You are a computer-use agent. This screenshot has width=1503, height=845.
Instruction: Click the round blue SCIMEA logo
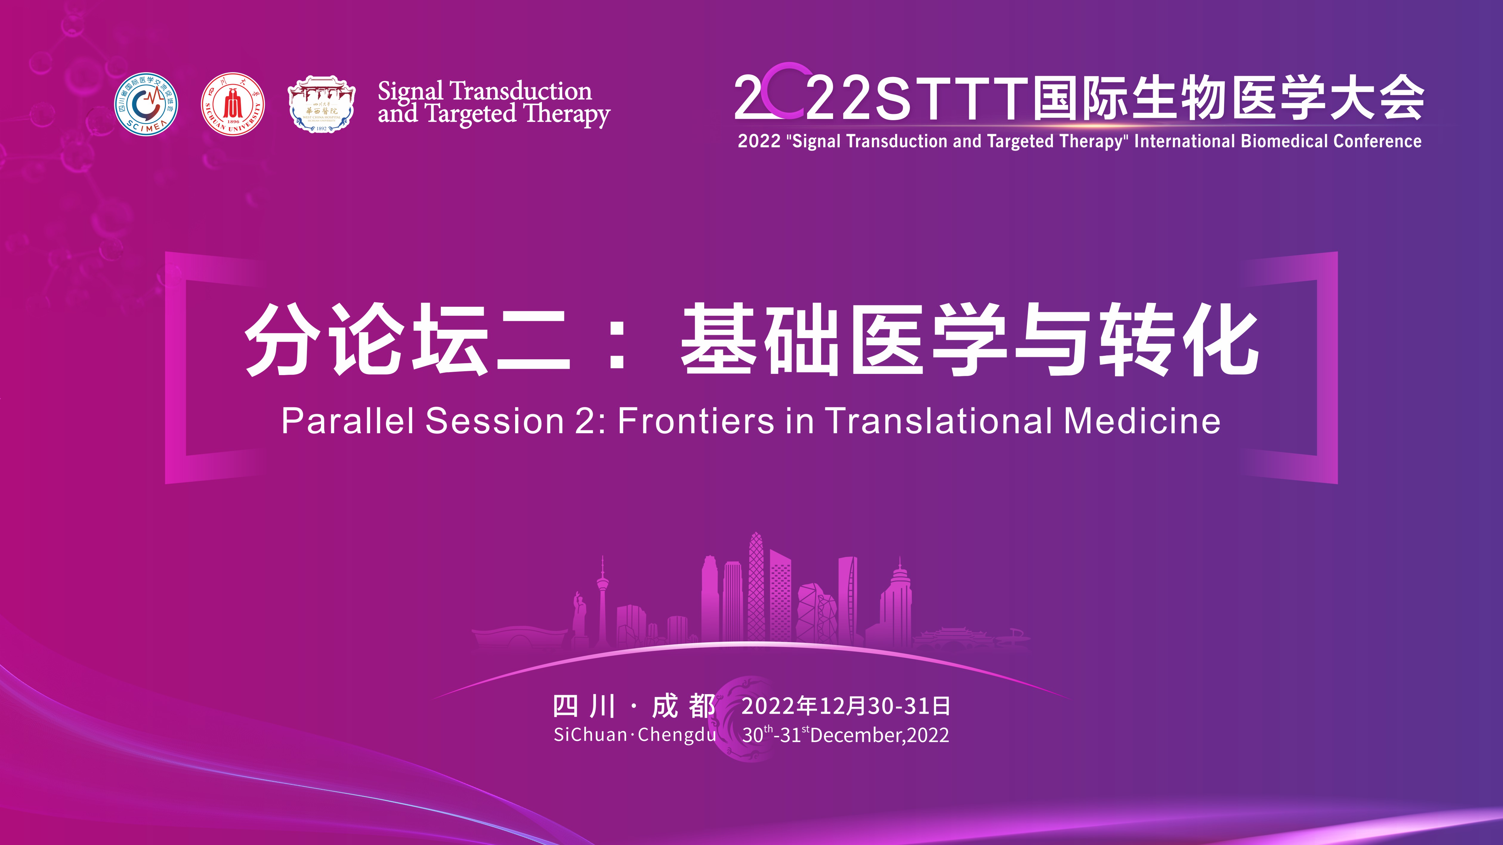click(146, 104)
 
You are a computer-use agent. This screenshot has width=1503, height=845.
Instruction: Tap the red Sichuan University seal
click(233, 104)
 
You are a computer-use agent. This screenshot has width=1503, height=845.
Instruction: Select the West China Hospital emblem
click(322, 104)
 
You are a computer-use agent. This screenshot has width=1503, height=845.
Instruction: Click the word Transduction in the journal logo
click(521, 92)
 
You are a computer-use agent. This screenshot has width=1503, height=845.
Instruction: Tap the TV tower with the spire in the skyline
click(602, 601)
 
